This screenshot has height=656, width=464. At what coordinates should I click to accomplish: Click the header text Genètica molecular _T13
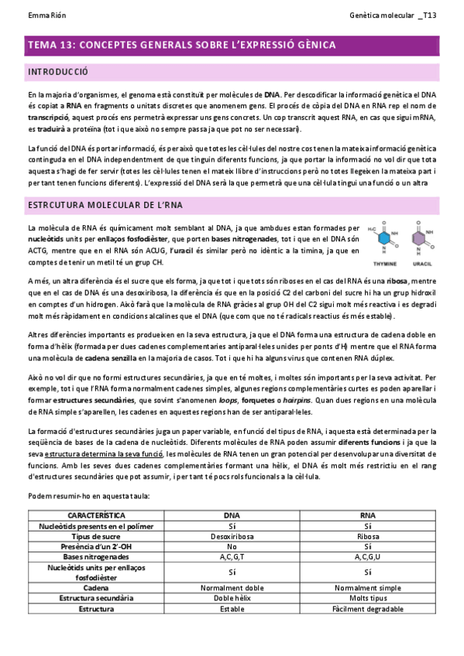click(394, 15)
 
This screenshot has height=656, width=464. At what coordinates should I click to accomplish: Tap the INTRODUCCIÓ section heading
click(57, 72)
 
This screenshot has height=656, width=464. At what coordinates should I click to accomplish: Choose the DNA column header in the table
click(231, 514)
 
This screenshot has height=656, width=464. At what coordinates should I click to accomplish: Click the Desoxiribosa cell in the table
click(231, 535)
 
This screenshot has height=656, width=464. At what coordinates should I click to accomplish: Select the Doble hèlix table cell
click(231, 598)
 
